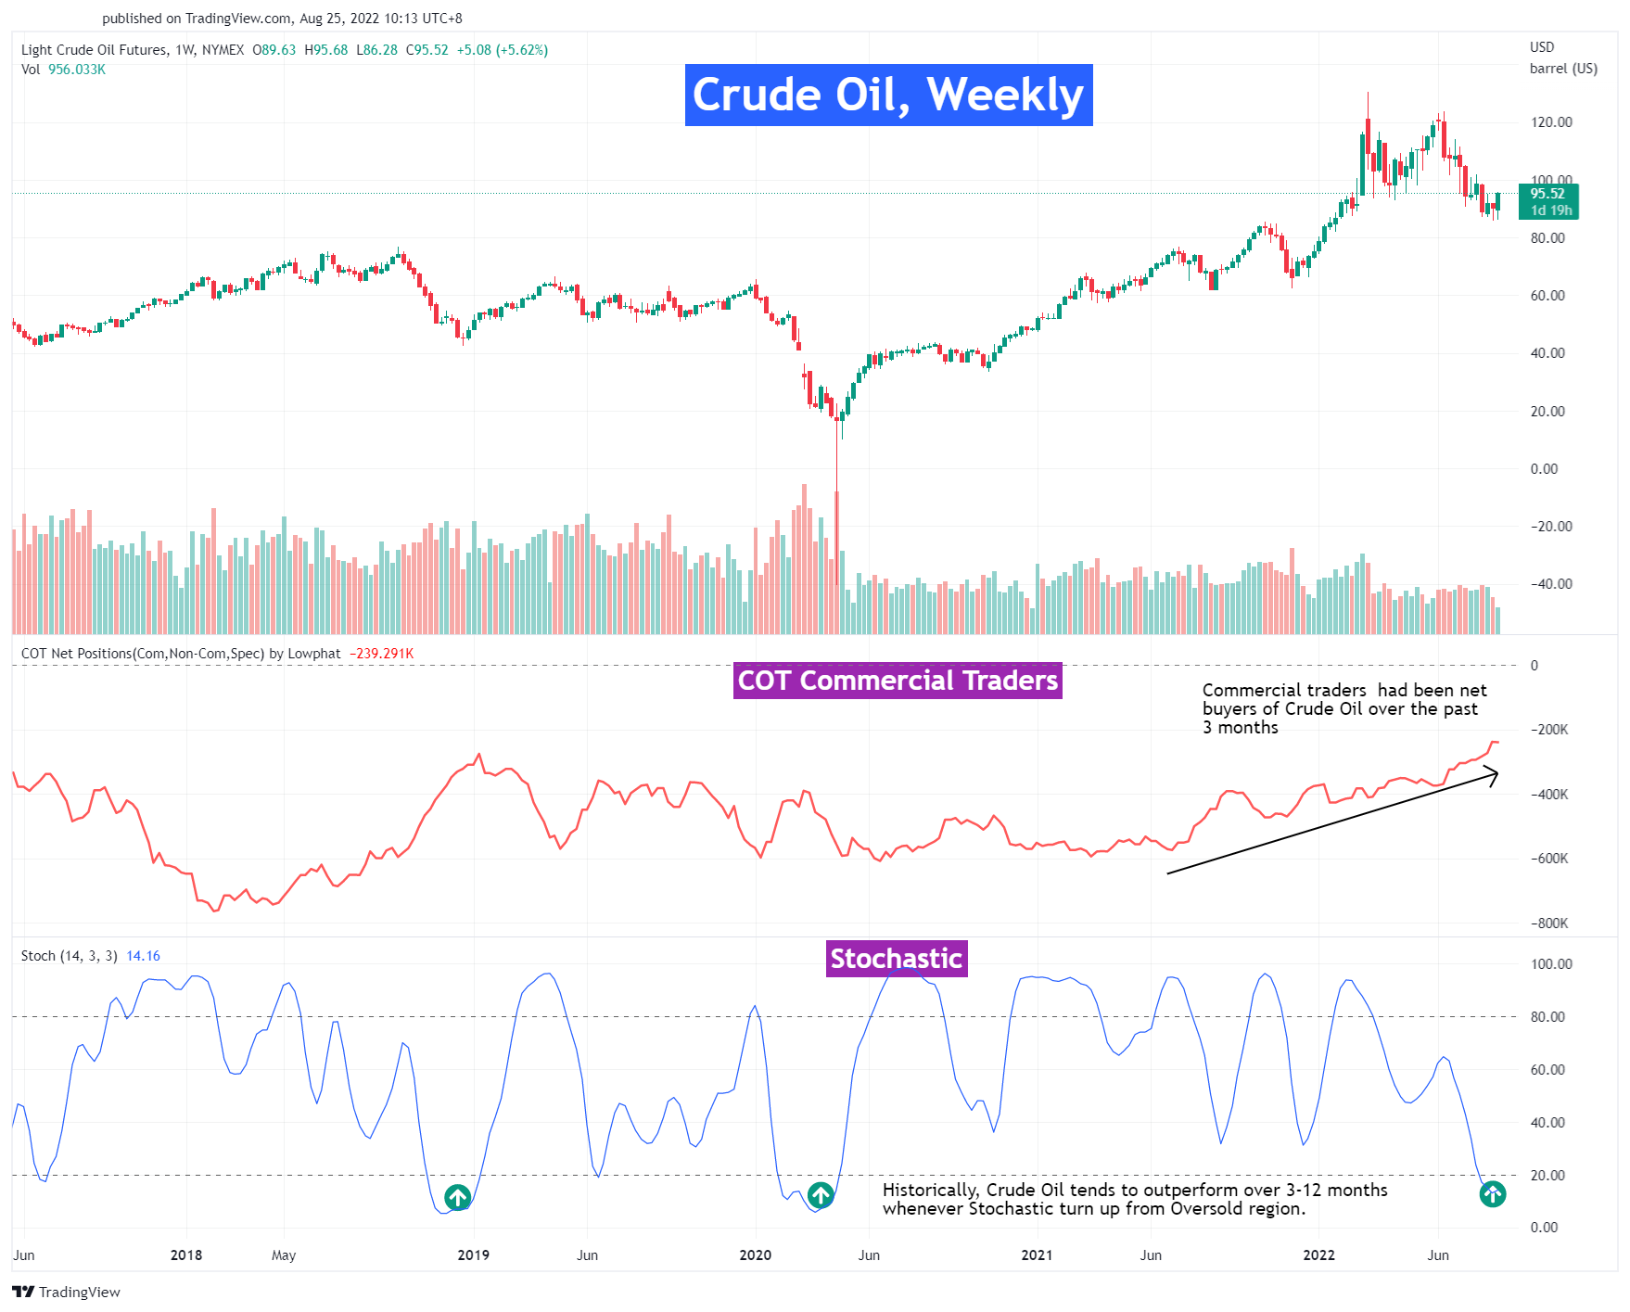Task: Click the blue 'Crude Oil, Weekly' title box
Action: [x=888, y=95]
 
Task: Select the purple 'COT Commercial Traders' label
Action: [x=897, y=681]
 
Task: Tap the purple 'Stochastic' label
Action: [x=896, y=958]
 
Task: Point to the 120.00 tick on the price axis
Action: [x=1550, y=122]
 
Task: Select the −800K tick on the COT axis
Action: [x=1548, y=923]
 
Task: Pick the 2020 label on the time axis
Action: [x=755, y=1255]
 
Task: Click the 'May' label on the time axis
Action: [x=284, y=1255]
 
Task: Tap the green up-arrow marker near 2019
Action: [x=457, y=1197]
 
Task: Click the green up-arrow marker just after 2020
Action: [x=821, y=1195]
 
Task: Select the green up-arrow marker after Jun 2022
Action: [x=1492, y=1193]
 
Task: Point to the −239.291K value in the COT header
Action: [x=381, y=654]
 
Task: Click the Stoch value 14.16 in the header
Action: [x=143, y=956]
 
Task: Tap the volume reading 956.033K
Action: [x=77, y=70]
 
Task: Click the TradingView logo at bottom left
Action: [x=66, y=1292]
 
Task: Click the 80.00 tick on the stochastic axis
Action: [x=1550, y=1017]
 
